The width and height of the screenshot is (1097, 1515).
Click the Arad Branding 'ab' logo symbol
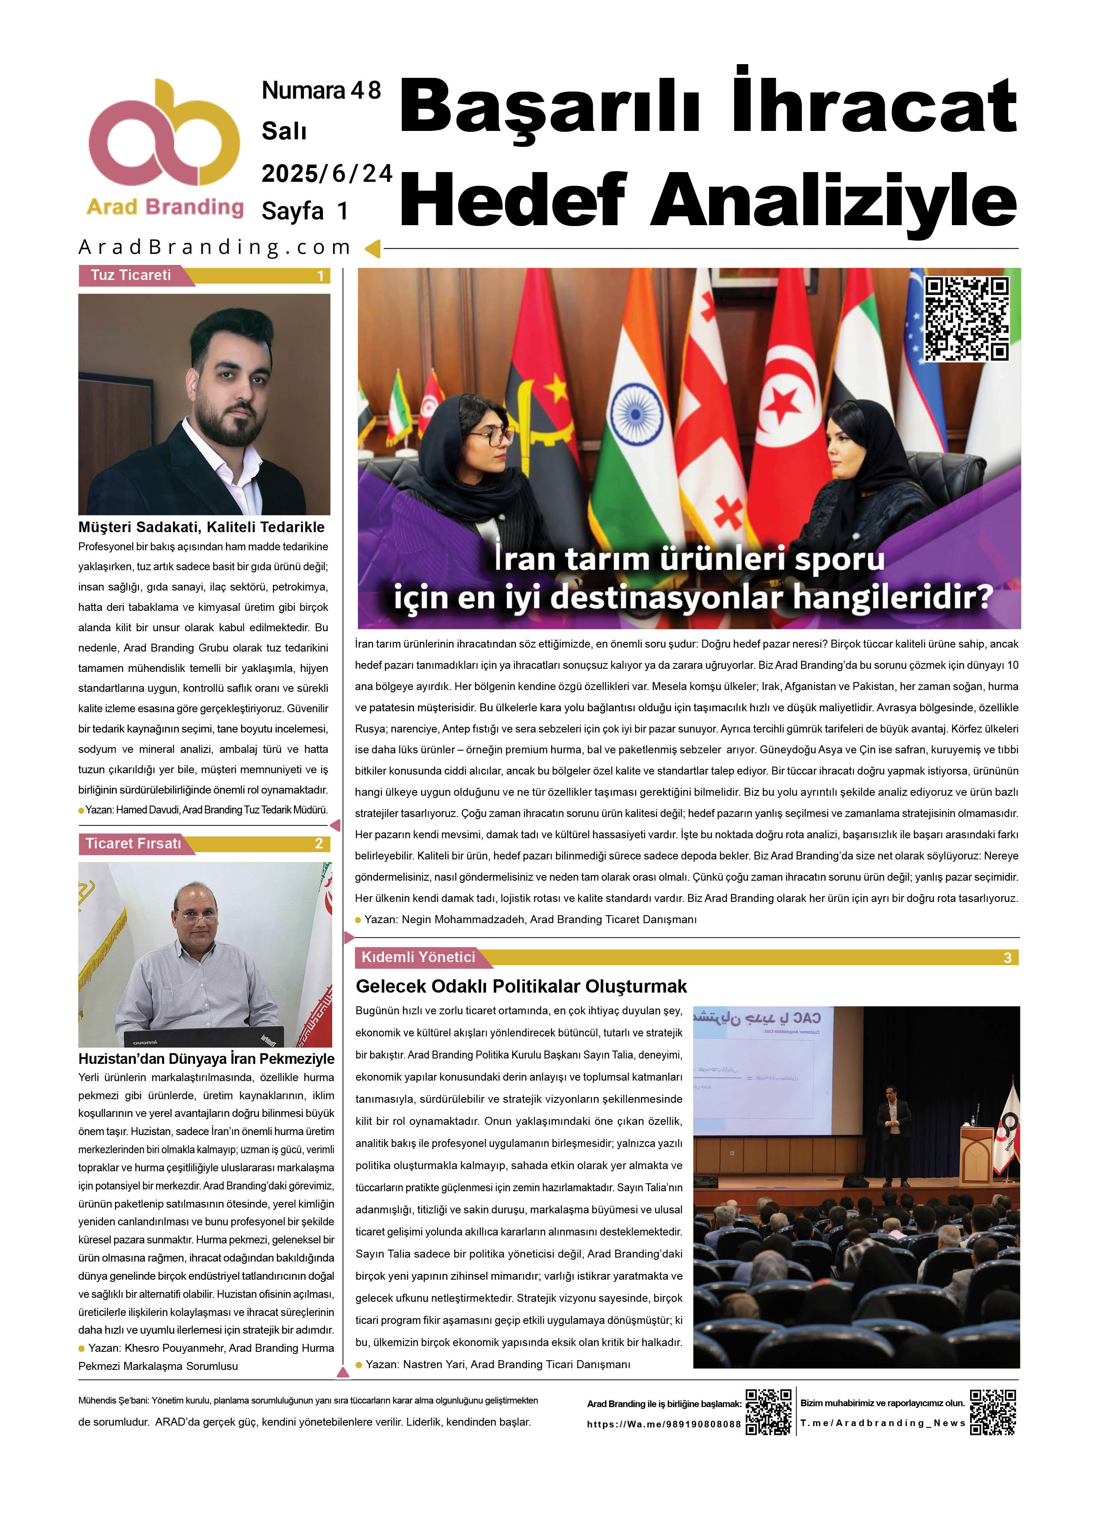click(165, 134)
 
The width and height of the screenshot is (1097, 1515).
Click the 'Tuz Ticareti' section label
click(131, 275)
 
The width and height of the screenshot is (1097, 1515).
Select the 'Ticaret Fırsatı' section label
click(133, 843)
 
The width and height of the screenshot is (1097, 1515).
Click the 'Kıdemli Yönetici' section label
click(418, 957)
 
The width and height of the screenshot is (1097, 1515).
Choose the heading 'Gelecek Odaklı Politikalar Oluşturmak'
click(521, 986)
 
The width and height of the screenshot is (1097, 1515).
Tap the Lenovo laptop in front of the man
click(204, 1037)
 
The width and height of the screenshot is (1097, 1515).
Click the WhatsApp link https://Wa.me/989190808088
click(664, 1424)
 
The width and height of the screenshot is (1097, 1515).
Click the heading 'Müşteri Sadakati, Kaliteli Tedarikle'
click(201, 527)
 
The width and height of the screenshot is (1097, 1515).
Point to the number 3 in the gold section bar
click(1007, 958)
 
